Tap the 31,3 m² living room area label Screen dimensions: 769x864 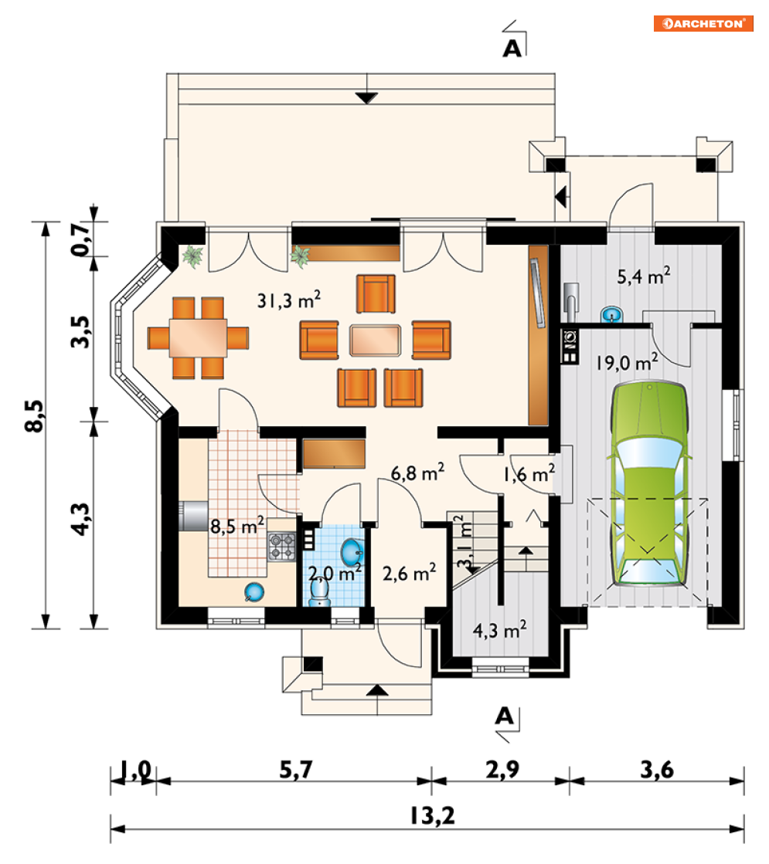(x=288, y=300)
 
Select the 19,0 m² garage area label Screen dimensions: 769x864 (x=627, y=363)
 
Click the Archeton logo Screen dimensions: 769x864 (x=703, y=23)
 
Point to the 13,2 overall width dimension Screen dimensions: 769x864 (x=433, y=815)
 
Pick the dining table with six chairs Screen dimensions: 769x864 (x=198, y=337)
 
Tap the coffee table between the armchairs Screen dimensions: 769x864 (x=375, y=340)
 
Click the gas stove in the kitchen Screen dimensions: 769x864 (x=281, y=546)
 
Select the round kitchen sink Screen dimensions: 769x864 (x=253, y=592)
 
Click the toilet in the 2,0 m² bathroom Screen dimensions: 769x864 (x=320, y=591)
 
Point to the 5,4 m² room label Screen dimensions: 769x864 (x=644, y=276)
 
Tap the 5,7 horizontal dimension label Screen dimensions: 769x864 (x=296, y=769)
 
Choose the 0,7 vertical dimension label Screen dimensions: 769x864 (x=80, y=239)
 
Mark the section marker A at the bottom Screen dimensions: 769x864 (x=505, y=716)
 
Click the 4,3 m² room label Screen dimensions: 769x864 (x=500, y=629)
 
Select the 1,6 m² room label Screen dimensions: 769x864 (x=529, y=473)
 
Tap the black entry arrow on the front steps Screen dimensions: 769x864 (x=377, y=690)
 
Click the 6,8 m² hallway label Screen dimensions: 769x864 (x=417, y=473)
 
